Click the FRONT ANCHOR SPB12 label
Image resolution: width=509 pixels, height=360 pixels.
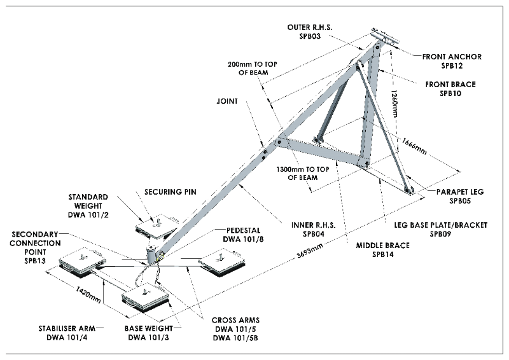point(452,61)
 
